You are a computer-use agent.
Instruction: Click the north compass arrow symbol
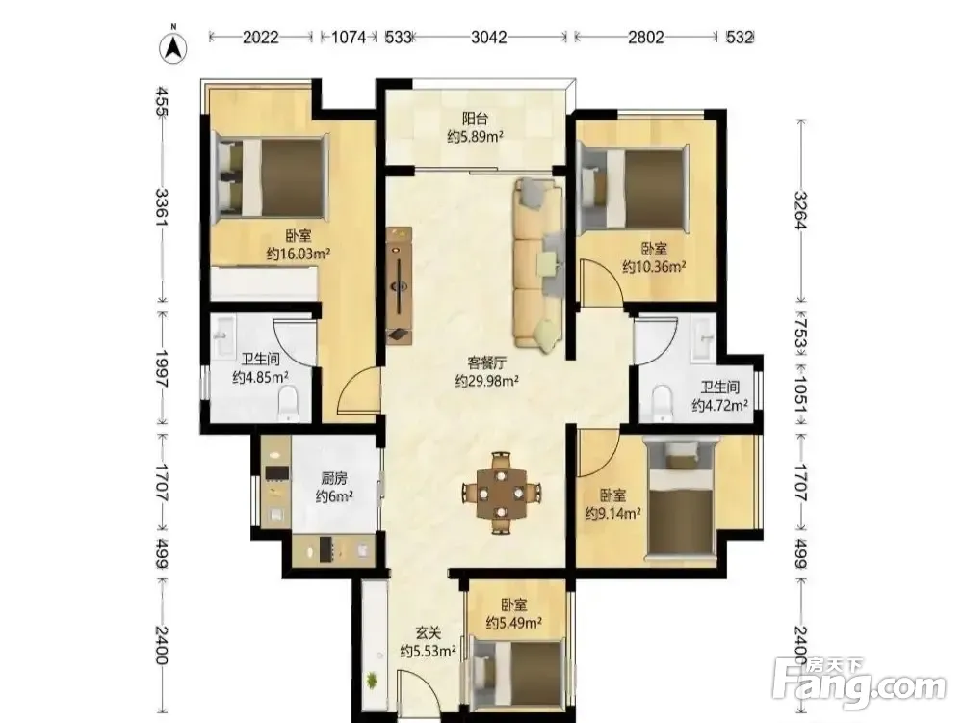click(173, 46)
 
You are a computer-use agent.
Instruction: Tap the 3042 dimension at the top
click(489, 37)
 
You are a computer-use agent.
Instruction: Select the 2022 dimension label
click(260, 37)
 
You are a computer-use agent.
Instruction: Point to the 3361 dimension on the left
click(161, 206)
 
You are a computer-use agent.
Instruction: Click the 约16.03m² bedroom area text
click(299, 254)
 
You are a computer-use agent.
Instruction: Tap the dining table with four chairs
click(502, 493)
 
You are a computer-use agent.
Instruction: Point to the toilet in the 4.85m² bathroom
click(287, 403)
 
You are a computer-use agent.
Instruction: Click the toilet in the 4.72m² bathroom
click(662, 403)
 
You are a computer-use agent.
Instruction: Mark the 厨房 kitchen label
click(334, 478)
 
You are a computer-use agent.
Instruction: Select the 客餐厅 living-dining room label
click(487, 362)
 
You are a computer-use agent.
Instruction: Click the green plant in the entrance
click(372, 680)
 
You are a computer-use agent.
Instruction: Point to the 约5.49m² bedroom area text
click(513, 623)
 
